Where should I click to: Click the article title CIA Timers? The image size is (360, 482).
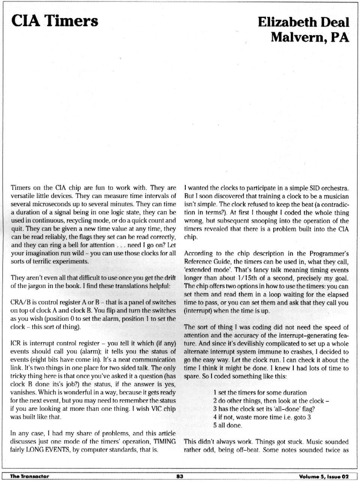tap(54, 21)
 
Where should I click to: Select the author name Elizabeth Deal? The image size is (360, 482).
tap(303, 22)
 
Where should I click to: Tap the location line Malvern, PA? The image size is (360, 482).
tap(310, 37)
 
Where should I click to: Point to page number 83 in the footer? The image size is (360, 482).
tap(179, 476)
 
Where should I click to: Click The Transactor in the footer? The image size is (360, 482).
tap(30, 476)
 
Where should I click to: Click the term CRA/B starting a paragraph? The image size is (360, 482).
tap(20, 302)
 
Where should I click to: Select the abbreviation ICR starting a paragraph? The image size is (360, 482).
tap(16, 343)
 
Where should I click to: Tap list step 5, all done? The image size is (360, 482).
tap(228, 425)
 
